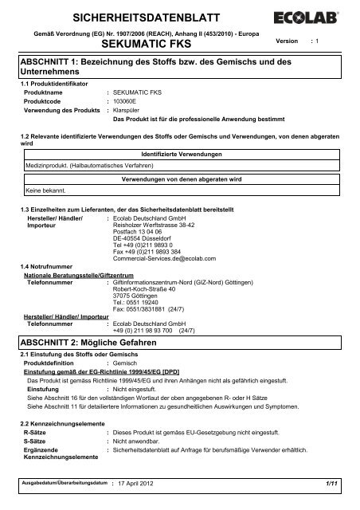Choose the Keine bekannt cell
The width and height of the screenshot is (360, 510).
point(49,191)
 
